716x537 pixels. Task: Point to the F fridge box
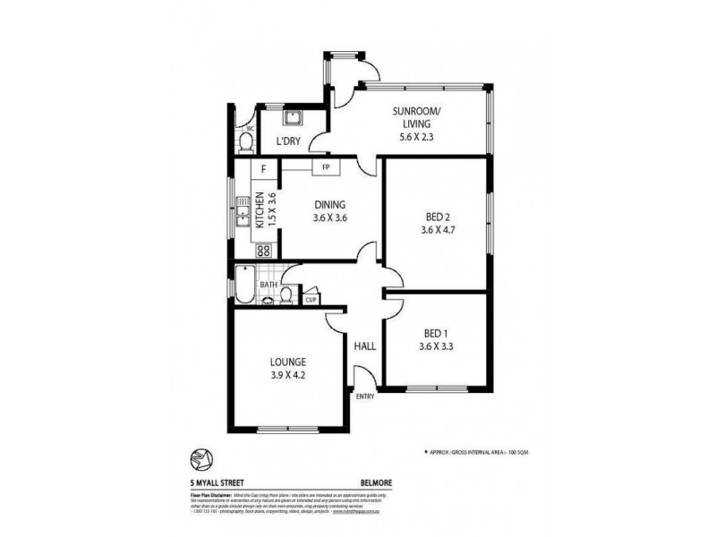pos(263,168)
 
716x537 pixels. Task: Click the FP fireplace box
pos(327,167)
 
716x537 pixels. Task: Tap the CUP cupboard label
pos(311,299)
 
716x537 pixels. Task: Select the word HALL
pos(365,345)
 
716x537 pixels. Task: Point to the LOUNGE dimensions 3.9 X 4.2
pos(289,378)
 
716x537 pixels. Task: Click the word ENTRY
pos(365,396)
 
